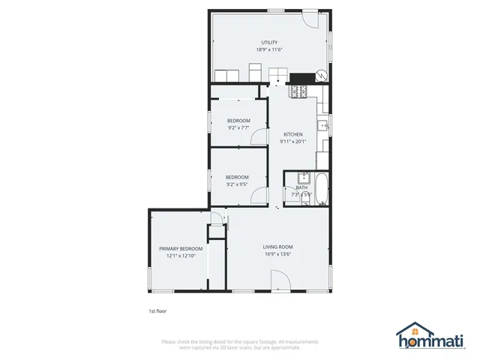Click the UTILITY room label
coord(269,43)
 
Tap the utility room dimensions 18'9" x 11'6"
coord(269,49)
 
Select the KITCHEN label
coord(292,134)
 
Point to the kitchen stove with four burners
coord(298,91)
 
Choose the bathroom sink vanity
coord(304,178)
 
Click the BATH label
coord(301,187)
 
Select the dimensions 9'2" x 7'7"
coord(238,127)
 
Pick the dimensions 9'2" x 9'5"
coord(237,184)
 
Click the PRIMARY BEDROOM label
coord(181,248)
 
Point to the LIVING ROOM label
coord(277,247)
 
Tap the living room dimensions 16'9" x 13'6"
coord(277,253)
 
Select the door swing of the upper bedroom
coord(258,136)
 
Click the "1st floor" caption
coord(157,310)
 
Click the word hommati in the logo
coord(441,342)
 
